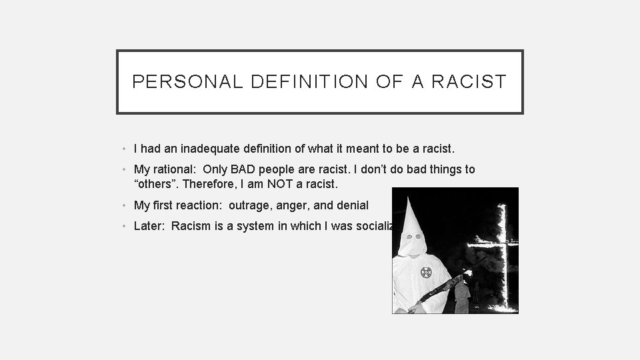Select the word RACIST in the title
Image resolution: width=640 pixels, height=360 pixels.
point(469,82)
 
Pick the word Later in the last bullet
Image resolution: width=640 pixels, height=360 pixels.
point(148,225)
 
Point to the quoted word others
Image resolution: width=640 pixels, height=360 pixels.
point(154,183)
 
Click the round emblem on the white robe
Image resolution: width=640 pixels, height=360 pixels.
point(427,272)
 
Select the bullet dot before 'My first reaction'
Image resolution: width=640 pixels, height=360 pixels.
point(125,206)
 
